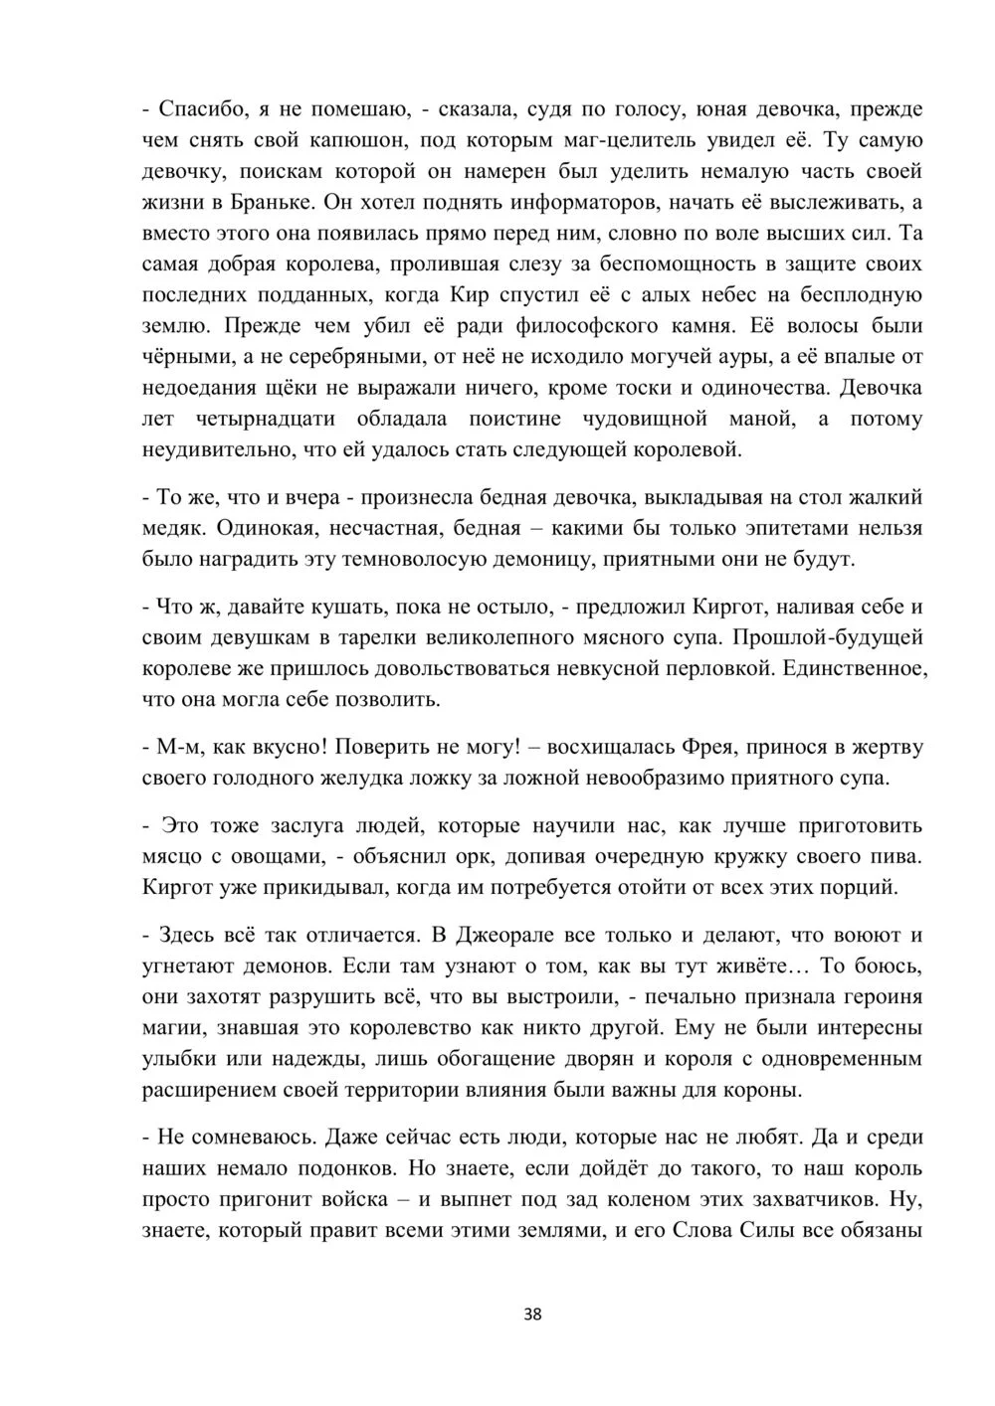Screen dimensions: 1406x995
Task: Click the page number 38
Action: pyautogui.click(x=532, y=1315)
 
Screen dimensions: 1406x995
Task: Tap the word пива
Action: pyautogui.click(x=899, y=856)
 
